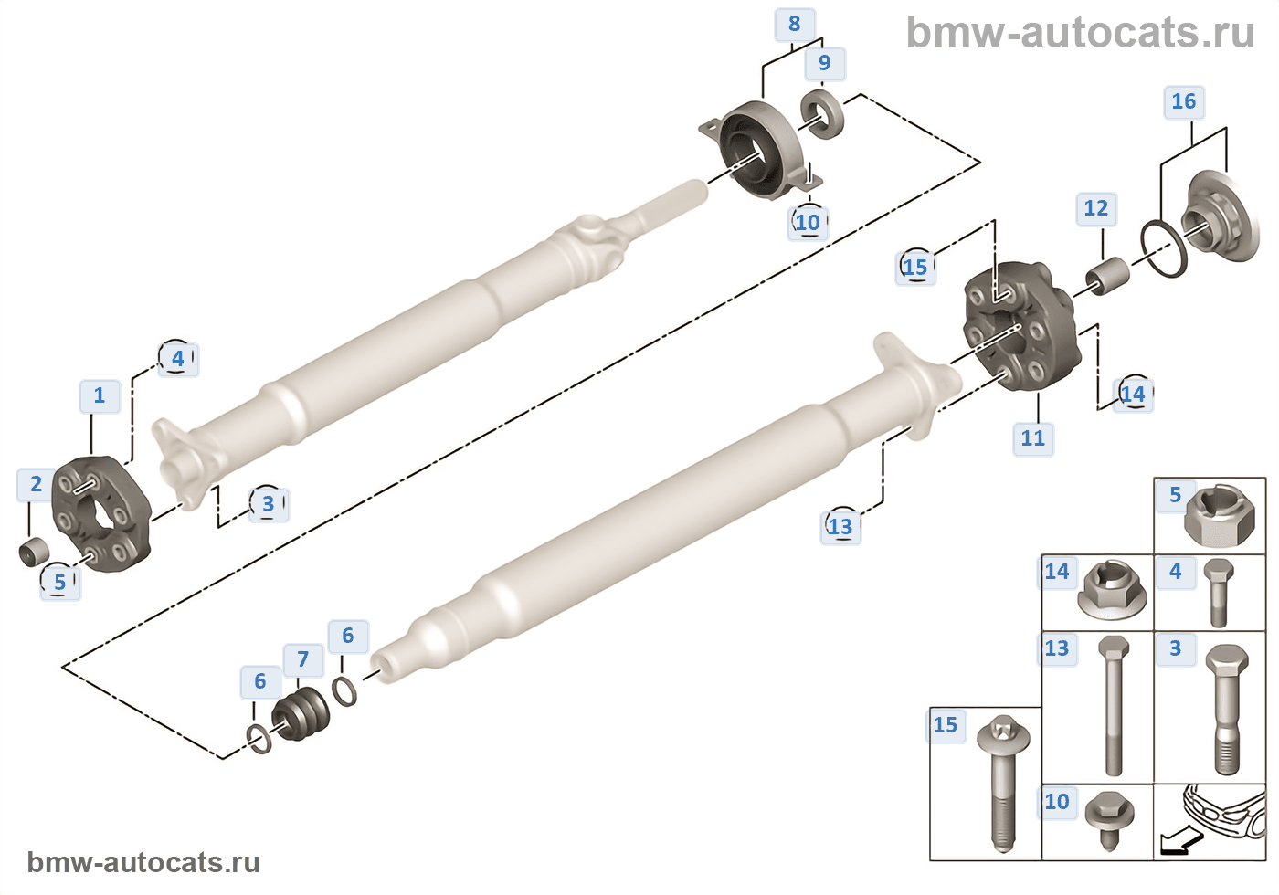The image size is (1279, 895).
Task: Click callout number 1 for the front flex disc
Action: tap(100, 395)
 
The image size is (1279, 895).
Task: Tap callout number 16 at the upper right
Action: tap(1183, 101)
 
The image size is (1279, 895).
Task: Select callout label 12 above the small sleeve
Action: tap(1095, 208)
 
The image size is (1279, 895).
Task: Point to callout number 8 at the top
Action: tap(794, 24)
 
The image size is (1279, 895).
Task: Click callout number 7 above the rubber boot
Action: tap(302, 658)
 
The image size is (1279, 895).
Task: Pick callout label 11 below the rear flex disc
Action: tap(1032, 438)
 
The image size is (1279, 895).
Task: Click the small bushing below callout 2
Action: tap(33, 552)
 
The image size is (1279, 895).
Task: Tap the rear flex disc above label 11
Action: tap(1020, 326)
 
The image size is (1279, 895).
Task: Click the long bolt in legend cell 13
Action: tap(1113, 703)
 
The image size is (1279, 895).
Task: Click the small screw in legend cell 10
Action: tap(1109, 816)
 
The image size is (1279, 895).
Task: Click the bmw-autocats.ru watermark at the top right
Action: tap(1080, 34)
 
